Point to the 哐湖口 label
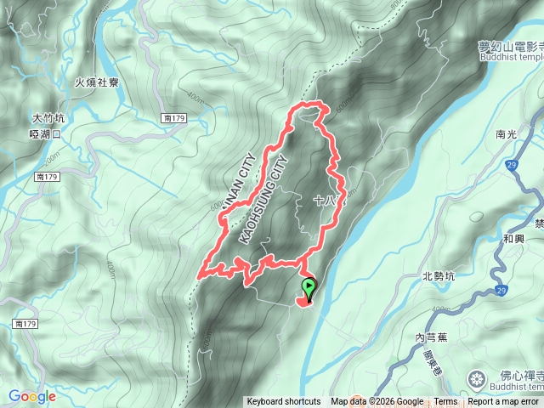click(x=46, y=134)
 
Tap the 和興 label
click(x=514, y=239)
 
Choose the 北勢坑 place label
click(x=439, y=275)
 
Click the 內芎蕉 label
click(x=432, y=337)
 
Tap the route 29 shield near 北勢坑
click(x=501, y=292)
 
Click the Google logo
click(x=32, y=396)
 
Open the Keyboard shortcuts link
click(x=284, y=402)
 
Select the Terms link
click(x=445, y=402)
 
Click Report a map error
click(x=503, y=402)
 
